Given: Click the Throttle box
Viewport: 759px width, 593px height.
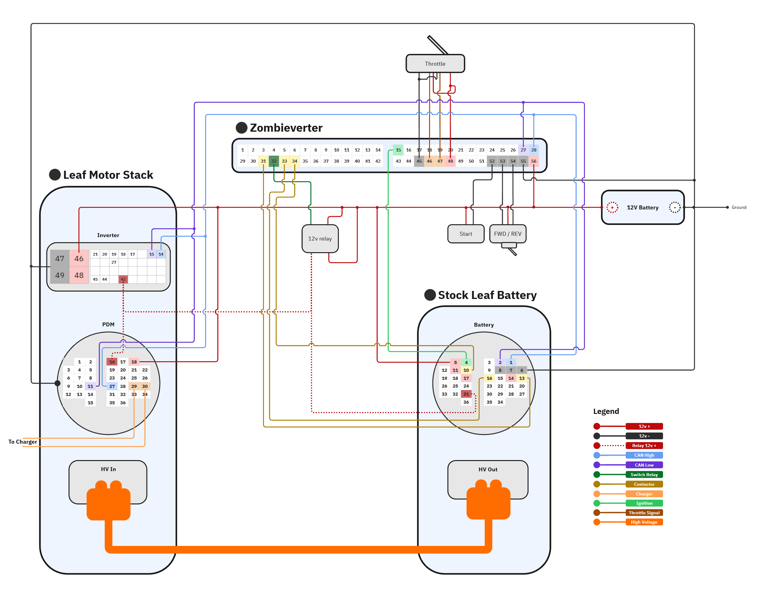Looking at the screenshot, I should point(435,64).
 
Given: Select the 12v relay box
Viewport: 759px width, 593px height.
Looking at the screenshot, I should point(320,239).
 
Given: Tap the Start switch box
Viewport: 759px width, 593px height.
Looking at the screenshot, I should point(466,234).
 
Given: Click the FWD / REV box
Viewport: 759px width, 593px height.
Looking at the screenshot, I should point(507,234).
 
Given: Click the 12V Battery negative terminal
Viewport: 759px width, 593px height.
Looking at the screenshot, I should point(674,208).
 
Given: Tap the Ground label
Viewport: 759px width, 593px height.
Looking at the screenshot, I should point(739,208).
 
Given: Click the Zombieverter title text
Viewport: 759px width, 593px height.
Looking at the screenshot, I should point(286,128).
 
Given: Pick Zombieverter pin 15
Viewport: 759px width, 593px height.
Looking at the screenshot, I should point(398,150).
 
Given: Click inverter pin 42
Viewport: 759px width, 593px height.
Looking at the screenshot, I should point(123,279).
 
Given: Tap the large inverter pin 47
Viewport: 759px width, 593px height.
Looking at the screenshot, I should point(60,259).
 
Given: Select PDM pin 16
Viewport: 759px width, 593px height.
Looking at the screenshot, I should point(112,362).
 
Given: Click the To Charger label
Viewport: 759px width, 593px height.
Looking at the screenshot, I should point(23,442).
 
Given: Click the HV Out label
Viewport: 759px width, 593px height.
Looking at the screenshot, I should point(488,470).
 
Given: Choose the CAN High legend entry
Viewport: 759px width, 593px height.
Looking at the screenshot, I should point(644,455).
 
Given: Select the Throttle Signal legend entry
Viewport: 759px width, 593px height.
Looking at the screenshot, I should point(644,513).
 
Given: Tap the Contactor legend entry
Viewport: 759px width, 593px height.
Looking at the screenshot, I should point(644,484).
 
